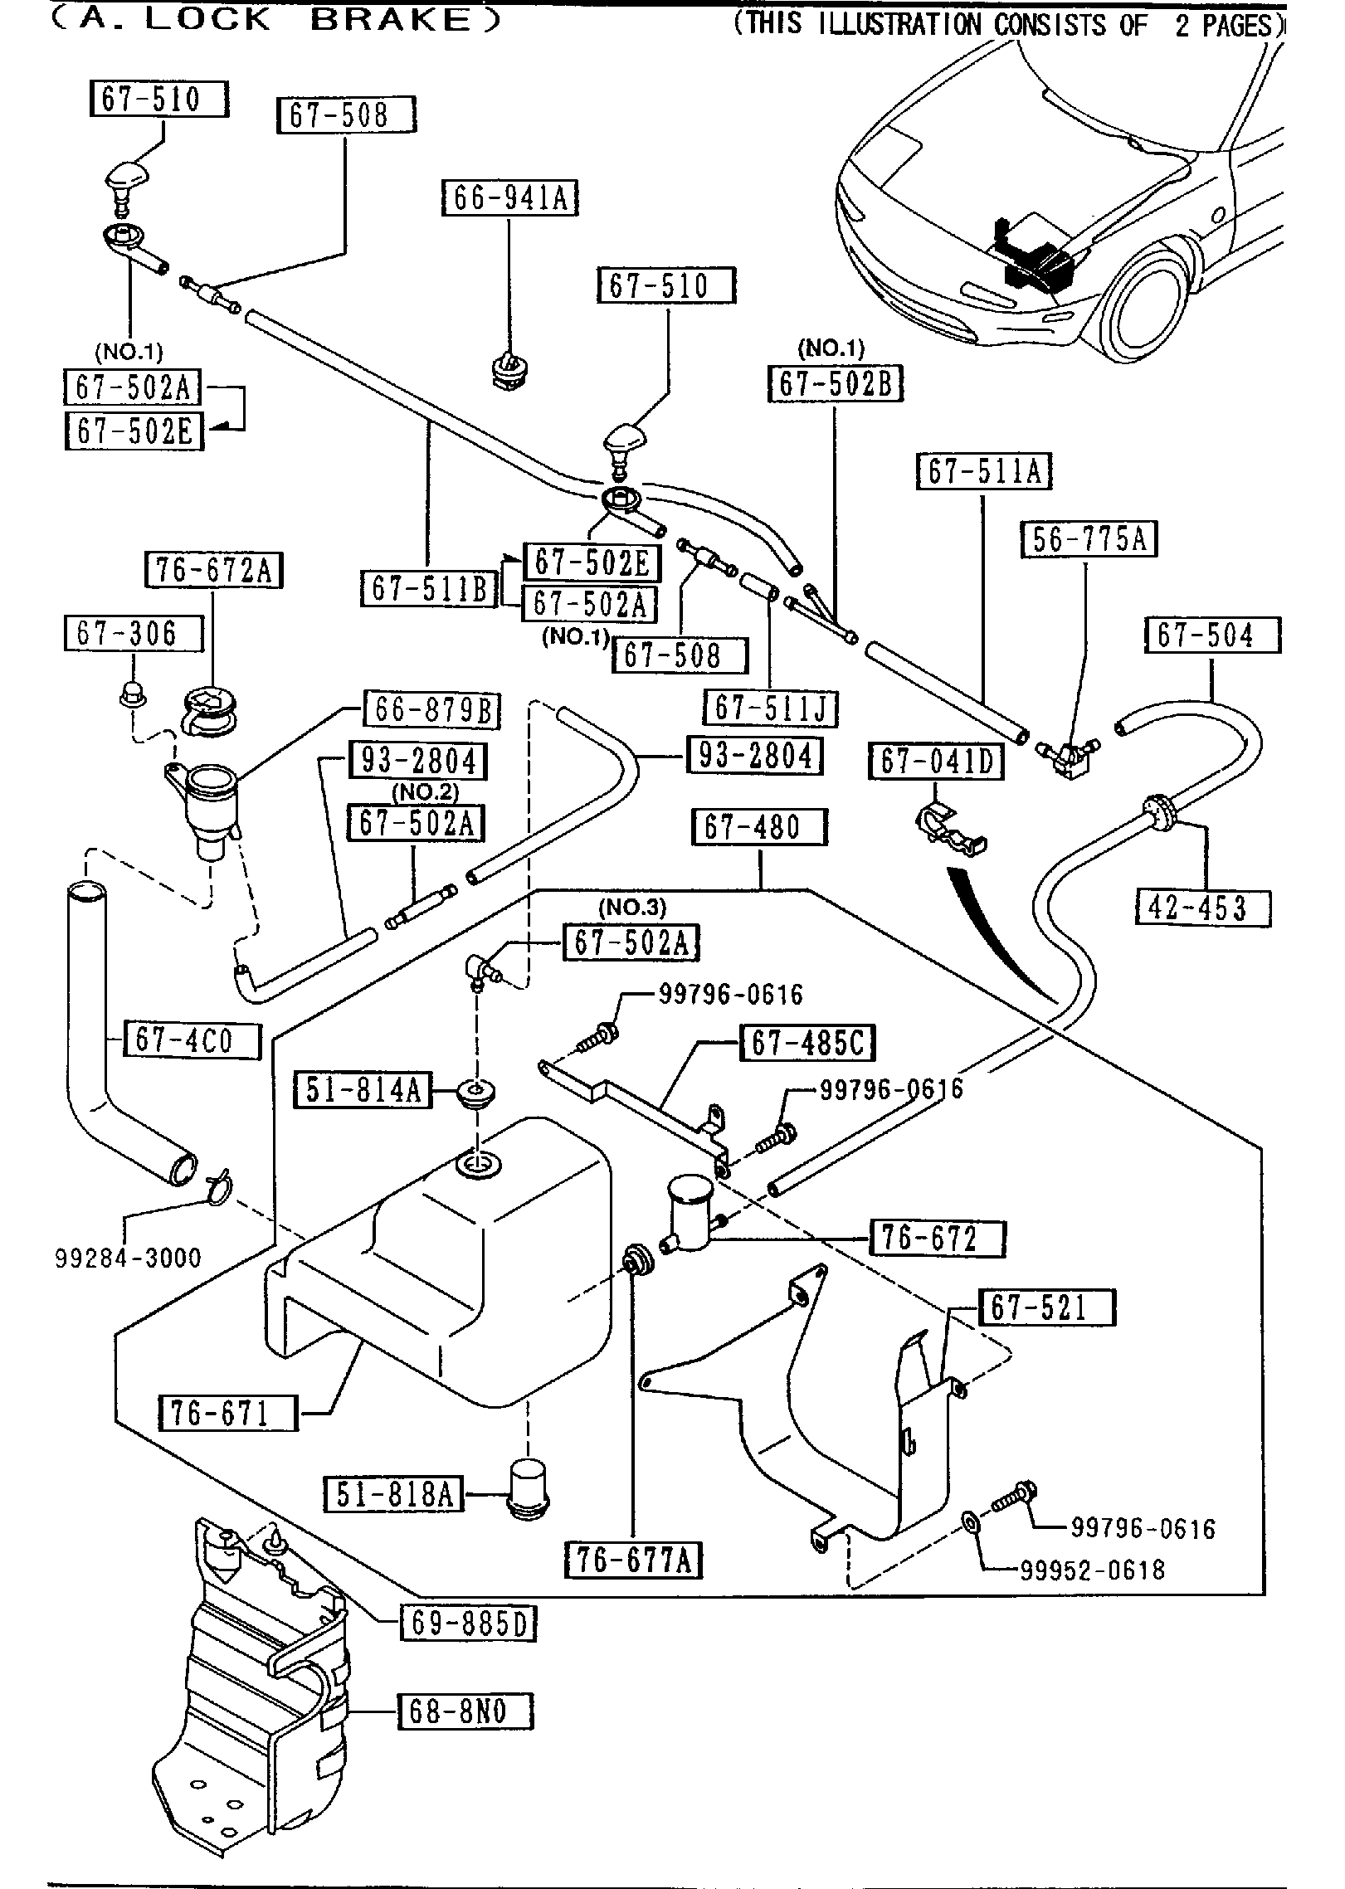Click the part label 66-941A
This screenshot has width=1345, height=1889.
pyautogui.click(x=509, y=198)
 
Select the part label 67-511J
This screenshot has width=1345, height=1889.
pyautogui.click(x=770, y=708)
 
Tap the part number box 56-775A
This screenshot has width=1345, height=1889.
pyautogui.click(x=1089, y=540)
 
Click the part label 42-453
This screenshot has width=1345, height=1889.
pyautogui.click(x=1202, y=908)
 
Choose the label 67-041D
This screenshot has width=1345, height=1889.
pyautogui.click(x=936, y=762)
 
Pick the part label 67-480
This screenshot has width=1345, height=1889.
pyautogui.click(x=759, y=828)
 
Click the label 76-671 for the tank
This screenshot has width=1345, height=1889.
pyautogui.click(x=227, y=1411)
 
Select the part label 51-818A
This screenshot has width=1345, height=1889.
pyautogui.click(x=394, y=1494)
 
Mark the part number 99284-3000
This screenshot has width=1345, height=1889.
pyautogui.click(x=129, y=1258)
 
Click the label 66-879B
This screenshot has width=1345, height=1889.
pyautogui.click(x=432, y=711)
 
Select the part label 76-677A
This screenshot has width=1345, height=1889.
pyautogui.click(x=633, y=1560)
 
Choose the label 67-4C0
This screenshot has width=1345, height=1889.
pyautogui.click(x=192, y=1040)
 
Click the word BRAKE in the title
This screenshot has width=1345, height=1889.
pyautogui.click(x=390, y=20)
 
